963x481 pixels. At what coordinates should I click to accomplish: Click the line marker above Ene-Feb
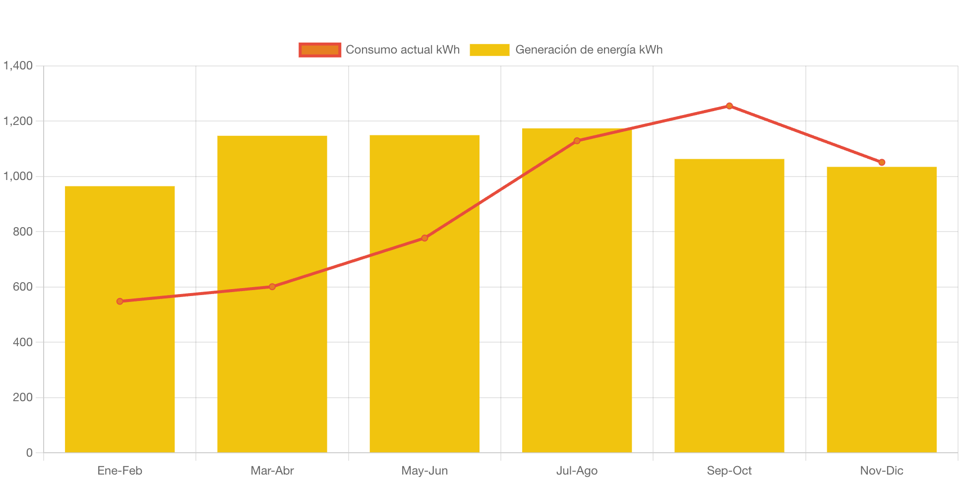coord(120,301)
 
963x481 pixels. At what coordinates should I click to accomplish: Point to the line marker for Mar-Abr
coord(272,287)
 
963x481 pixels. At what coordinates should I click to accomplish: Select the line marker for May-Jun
coord(424,238)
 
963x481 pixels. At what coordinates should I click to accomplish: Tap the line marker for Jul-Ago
coord(577,141)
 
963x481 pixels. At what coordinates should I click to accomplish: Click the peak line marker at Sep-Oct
coord(729,106)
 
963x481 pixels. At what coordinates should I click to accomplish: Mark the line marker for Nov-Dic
coord(882,162)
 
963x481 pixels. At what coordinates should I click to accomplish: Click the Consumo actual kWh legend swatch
coord(320,50)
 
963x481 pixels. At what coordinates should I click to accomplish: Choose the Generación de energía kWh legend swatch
coord(489,50)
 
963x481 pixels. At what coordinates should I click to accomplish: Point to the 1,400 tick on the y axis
coord(18,65)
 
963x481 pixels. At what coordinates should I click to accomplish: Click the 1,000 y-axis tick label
coord(18,176)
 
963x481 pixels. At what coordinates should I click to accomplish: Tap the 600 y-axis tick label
coord(23,287)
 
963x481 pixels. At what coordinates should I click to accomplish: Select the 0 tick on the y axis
coord(29,452)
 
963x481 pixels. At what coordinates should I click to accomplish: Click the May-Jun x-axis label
coord(424,470)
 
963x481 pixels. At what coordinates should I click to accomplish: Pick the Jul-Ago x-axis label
coord(577,470)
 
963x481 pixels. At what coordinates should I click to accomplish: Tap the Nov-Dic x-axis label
coord(881,470)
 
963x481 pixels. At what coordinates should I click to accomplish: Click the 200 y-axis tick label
coord(23,397)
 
